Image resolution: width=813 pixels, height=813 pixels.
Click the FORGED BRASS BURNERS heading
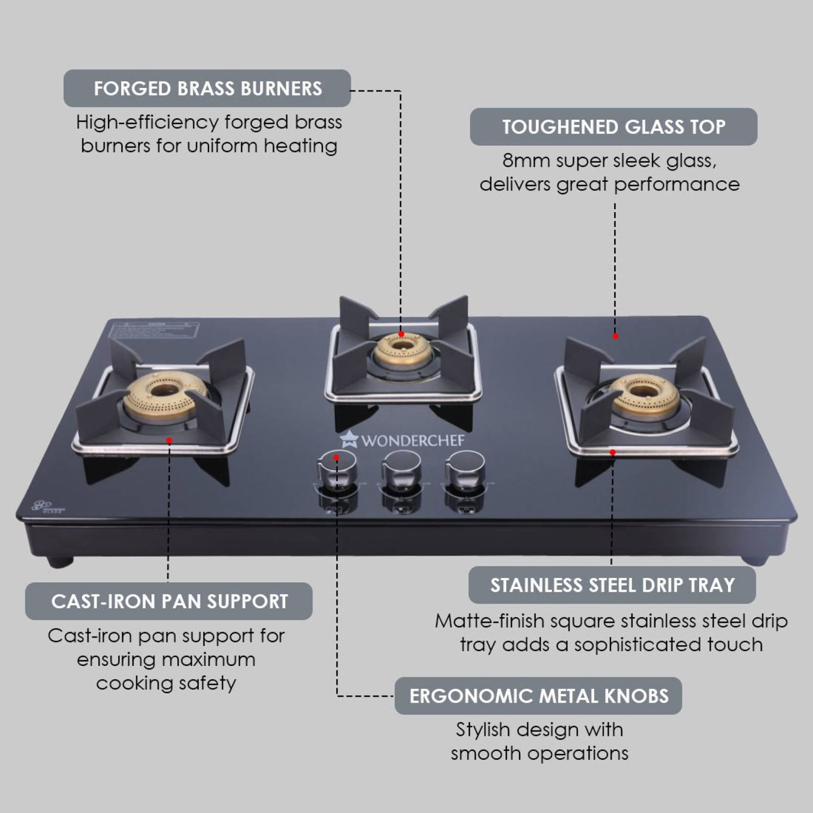click(207, 88)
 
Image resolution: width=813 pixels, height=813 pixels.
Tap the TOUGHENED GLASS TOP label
click(613, 127)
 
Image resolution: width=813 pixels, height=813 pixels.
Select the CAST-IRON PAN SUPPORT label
click(169, 601)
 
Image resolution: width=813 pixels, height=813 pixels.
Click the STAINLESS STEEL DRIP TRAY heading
click(612, 585)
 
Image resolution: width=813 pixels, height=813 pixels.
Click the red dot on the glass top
click(615, 336)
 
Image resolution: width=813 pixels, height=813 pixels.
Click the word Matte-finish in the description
click(489, 622)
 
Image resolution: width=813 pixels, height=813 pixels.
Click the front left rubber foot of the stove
click(60, 562)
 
